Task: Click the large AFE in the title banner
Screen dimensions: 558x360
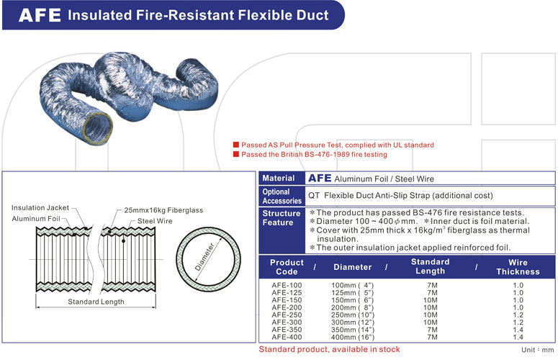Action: (40, 15)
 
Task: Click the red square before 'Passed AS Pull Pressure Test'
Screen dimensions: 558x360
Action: (235, 145)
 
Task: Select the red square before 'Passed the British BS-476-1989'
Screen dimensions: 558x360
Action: (235, 154)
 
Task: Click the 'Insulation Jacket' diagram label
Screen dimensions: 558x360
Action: (40, 208)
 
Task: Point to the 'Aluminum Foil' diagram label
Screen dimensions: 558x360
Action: (36, 219)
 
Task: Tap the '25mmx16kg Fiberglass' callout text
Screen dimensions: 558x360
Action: (163, 210)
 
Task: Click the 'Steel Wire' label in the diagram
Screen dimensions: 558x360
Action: (155, 221)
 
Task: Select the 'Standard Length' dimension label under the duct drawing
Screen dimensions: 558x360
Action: (96, 302)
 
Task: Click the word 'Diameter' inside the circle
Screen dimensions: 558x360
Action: (205, 257)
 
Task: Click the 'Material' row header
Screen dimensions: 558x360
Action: (279, 179)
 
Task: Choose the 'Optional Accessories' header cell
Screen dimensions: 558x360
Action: (282, 196)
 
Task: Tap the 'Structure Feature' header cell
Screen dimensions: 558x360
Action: (282, 218)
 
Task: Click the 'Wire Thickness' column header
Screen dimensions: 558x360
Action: (518, 267)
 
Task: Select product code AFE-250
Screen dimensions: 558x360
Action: (287, 315)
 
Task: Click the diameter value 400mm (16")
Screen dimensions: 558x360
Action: (353, 337)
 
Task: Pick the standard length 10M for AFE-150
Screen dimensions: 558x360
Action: (431, 300)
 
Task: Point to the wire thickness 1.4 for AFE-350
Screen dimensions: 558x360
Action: (518, 330)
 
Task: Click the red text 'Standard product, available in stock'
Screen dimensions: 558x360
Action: (329, 349)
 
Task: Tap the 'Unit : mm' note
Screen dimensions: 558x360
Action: (537, 350)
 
